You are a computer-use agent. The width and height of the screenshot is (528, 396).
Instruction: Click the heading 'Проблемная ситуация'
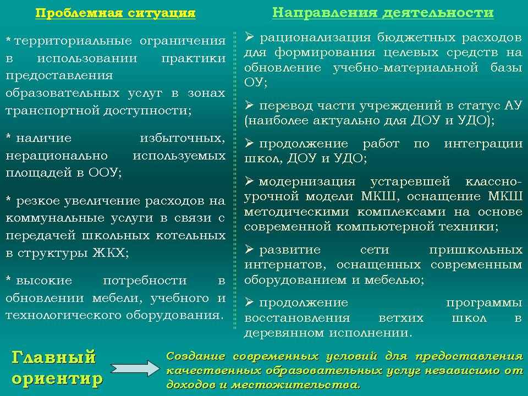(115, 13)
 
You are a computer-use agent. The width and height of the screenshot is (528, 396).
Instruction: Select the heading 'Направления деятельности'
(383, 13)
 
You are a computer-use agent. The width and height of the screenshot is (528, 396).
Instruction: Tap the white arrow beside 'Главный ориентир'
(135, 369)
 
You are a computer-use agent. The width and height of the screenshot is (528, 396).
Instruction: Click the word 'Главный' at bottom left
(54, 358)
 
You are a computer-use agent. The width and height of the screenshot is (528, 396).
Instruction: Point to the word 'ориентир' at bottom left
(57, 379)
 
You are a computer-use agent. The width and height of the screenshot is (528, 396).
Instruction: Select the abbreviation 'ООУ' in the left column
(104, 172)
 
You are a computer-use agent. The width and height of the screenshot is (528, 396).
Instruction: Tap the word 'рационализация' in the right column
(315, 37)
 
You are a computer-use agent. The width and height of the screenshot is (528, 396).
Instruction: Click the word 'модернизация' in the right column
(307, 183)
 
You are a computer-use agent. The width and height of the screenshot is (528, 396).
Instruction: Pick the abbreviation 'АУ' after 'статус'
(513, 106)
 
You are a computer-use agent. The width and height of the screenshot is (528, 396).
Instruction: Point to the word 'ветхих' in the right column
(401, 318)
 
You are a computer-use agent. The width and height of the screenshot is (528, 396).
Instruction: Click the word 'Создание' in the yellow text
(196, 356)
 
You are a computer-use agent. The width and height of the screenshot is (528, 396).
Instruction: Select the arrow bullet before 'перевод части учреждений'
(249, 105)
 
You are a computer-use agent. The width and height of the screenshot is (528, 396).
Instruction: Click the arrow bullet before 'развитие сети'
(249, 249)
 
